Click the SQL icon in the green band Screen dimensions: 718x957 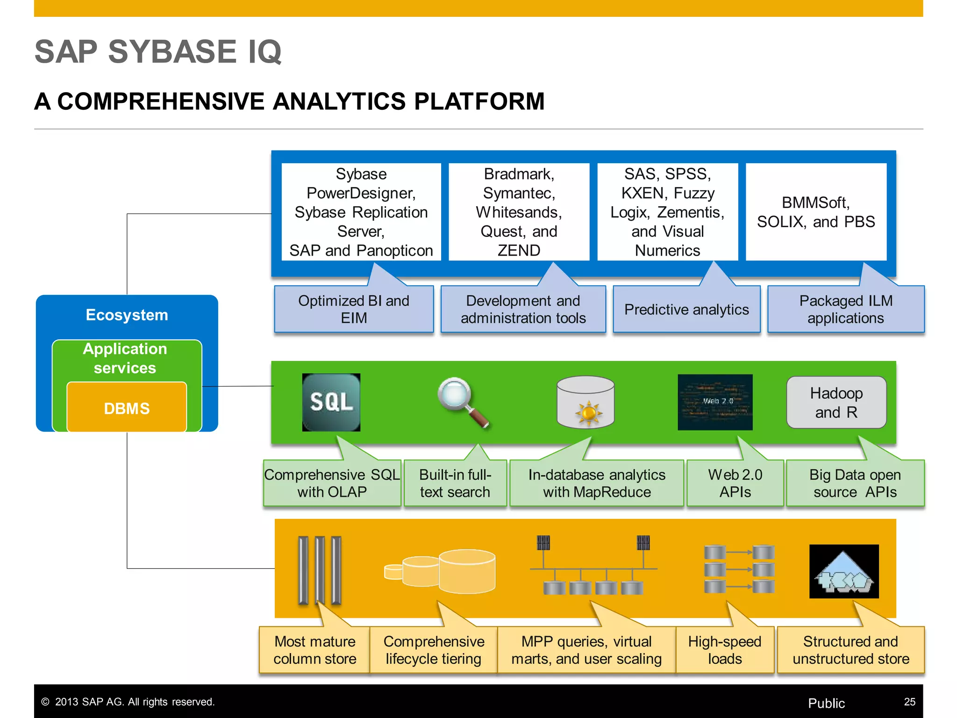click(331, 402)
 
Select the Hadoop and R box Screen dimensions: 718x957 click(836, 402)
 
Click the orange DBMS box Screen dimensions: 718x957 click(127, 408)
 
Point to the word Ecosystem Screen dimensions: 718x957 click(127, 315)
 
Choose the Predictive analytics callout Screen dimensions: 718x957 click(686, 309)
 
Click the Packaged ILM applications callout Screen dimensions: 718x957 click(845, 309)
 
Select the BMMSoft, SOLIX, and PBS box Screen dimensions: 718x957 click(815, 212)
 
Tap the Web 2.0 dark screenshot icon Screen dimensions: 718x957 click(714, 402)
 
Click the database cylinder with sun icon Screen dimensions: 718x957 click(586, 402)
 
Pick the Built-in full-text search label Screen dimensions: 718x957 click(455, 483)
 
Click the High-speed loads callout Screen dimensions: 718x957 click(724, 650)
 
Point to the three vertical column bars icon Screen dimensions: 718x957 click(320, 570)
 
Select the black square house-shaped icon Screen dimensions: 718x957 click(843, 571)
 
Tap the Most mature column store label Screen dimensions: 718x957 click(314, 650)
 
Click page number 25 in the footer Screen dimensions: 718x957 click(909, 702)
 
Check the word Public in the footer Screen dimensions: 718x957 click(826, 703)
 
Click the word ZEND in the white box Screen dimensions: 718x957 click(519, 251)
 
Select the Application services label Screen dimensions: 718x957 click(125, 358)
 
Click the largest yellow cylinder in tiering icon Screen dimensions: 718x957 click(467, 572)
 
